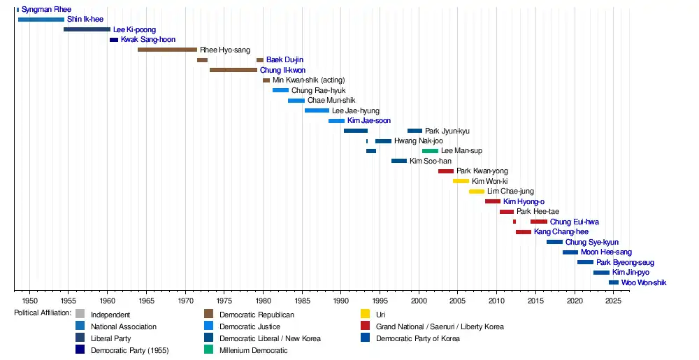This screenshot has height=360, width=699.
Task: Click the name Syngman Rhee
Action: tap(46, 10)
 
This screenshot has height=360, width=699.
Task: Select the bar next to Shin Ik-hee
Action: tap(41, 20)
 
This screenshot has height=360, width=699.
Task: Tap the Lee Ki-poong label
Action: tap(134, 30)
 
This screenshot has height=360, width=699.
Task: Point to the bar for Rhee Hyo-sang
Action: tap(167, 50)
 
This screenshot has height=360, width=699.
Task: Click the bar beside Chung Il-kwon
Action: tap(233, 70)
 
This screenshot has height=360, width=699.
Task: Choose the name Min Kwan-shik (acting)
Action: tap(308, 80)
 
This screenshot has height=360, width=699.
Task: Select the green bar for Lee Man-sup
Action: tap(430, 151)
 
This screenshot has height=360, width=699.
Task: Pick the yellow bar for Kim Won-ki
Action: tap(461, 181)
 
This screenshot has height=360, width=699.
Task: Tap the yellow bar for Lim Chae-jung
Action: tap(477, 192)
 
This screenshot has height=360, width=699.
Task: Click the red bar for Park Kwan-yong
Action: tap(446, 171)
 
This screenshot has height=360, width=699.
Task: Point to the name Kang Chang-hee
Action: tap(561, 232)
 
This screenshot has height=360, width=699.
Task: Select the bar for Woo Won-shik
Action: tap(614, 282)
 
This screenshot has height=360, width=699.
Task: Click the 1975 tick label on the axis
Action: tap(224, 301)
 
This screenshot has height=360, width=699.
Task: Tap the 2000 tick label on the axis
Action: tap(419, 301)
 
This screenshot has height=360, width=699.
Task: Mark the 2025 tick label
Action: tap(613, 301)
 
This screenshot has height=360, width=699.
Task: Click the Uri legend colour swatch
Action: tap(365, 315)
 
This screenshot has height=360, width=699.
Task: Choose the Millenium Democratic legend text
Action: tap(256, 350)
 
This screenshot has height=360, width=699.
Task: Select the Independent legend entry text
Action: tap(110, 315)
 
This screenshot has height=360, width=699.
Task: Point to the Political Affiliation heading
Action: tap(43, 313)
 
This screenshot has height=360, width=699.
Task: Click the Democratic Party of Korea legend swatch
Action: tap(365, 338)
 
